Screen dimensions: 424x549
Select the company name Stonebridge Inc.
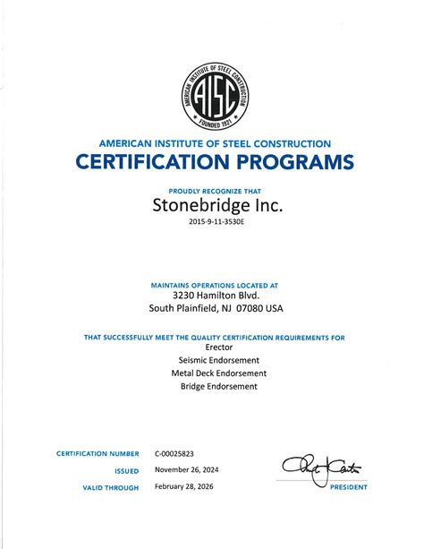coord(213,206)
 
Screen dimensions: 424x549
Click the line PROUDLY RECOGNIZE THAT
coord(213,190)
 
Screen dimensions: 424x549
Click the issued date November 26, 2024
coord(186,470)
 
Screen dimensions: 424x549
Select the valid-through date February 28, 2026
coord(185,487)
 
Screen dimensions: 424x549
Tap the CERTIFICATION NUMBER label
coord(98,454)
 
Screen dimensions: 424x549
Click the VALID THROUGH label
coord(111,487)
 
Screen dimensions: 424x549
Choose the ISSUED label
coord(126,470)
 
